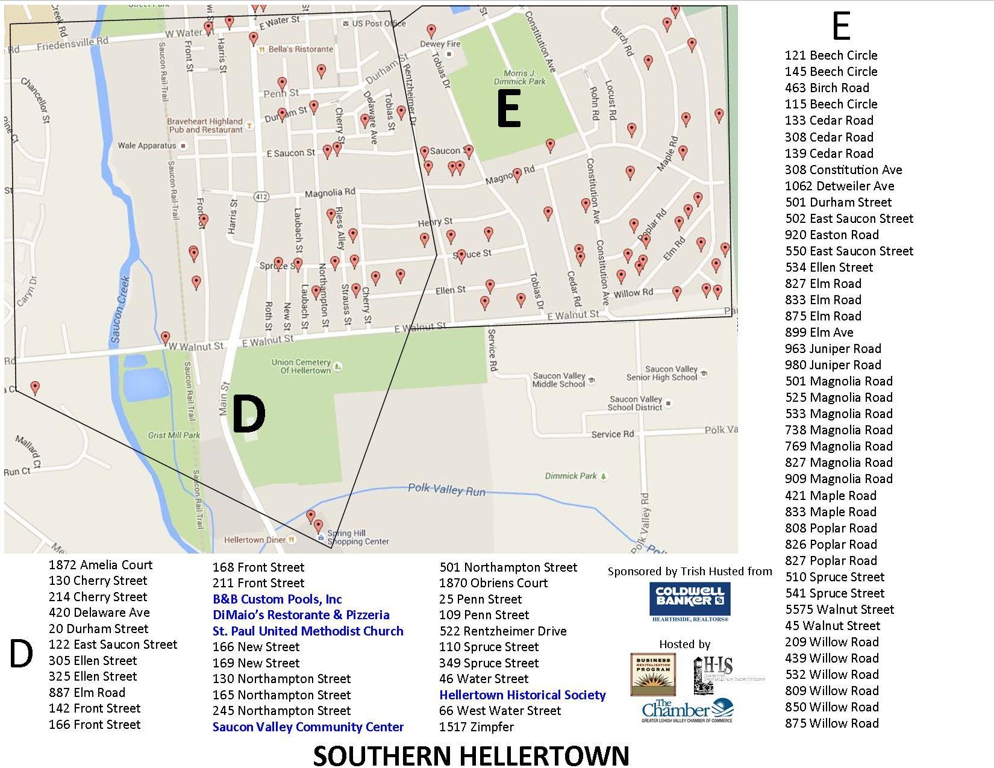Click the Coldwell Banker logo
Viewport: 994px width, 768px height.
coord(689,601)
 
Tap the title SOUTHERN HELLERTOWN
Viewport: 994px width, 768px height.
coord(471,755)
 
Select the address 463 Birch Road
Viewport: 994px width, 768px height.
coord(827,88)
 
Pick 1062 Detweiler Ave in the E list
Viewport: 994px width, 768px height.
coord(839,186)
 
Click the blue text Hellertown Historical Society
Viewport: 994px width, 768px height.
coord(522,695)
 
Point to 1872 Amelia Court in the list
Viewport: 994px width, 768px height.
coord(101,565)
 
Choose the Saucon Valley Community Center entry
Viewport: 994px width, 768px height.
coord(308,727)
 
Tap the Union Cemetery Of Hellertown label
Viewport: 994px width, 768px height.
coord(301,367)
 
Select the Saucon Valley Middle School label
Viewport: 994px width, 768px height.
coord(559,380)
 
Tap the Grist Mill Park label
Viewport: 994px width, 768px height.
coord(174,435)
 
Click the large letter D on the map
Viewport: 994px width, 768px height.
coord(248,414)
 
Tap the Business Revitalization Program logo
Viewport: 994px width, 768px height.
coord(653,674)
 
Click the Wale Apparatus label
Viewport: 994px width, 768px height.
coord(147,146)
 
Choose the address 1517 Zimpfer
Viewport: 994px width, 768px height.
coord(477,727)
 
